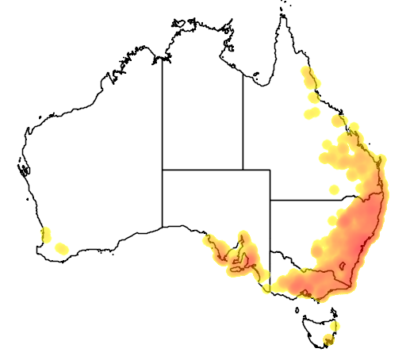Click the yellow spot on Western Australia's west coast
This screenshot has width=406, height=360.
click(x=46, y=234)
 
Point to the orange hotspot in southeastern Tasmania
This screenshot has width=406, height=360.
click(x=329, y=341)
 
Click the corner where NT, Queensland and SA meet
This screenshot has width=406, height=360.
click(x=243, y=169)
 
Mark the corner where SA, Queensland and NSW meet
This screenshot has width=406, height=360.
click(x=270, y=200)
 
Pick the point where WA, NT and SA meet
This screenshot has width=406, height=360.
click(x=163, y=169)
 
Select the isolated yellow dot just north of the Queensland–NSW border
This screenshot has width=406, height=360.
click(x=334, y=190)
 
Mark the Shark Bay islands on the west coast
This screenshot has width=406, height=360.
click(x=23, y=169)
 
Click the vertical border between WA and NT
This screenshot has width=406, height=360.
click(x=163, y=111)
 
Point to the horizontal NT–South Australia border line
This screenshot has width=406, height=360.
click(x=202, y=169)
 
